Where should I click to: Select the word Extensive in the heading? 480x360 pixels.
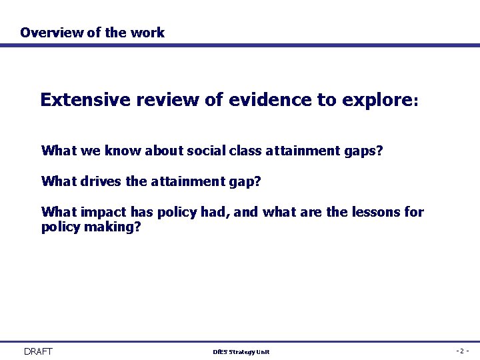click(86, 100)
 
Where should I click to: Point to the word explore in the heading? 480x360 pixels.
click(377, 101)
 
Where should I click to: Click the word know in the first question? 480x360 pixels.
click(121, 151)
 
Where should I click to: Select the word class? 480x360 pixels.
click(245, 151)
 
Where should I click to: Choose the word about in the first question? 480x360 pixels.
click(163, 151)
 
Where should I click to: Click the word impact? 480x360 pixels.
click(104, 213)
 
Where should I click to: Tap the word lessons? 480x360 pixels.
click(379, 213)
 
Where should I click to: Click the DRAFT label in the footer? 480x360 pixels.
click(38, 351)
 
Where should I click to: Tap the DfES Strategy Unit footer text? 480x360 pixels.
click(241, 352)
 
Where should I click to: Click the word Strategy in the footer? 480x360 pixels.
click(241, 352)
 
